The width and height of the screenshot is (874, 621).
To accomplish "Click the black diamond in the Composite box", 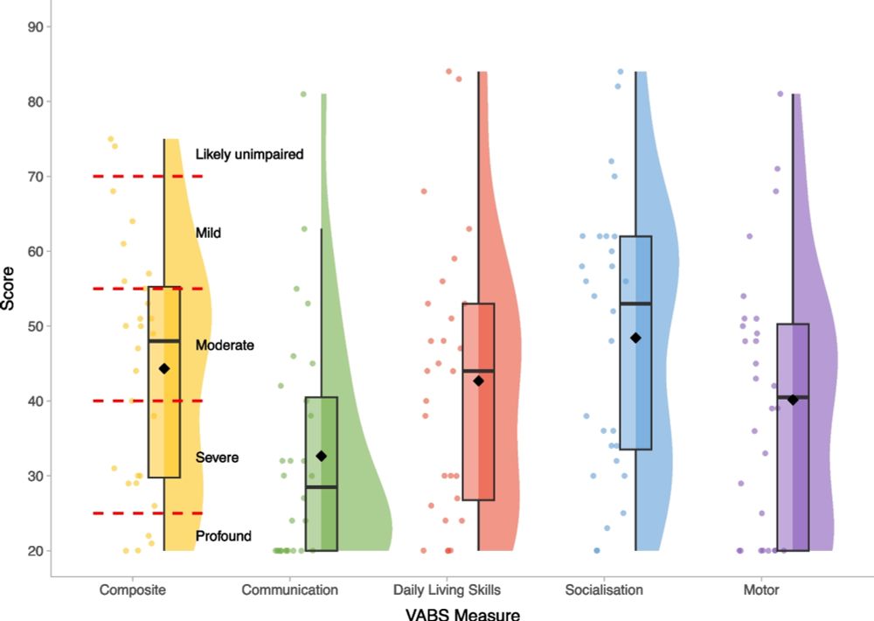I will click(164, 369).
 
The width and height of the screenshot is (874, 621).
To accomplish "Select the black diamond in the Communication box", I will click(322, 456).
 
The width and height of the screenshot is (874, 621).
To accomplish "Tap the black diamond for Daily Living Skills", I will click(478, 380).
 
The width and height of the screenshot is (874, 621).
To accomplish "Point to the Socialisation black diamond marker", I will click(635, 338).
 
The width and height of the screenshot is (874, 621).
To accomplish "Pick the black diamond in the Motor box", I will click(793, 400).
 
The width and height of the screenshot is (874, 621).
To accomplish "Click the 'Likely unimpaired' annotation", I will click(249, 154).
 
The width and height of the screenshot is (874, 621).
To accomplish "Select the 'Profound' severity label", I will click(224, 536).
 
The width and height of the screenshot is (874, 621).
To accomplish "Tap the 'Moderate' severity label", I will click(225, 345).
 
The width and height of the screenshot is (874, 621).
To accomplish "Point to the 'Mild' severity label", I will click(208, 233).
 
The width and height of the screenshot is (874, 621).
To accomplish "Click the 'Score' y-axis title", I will click(10, 289).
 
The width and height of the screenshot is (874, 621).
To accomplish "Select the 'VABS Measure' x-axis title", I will click(462, 613).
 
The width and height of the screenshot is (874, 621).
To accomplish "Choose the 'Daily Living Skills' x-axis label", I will click(447, 590).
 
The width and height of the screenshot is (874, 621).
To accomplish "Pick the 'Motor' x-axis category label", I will click(760, 590).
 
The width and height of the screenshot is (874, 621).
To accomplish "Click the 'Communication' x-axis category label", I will click(289, 590).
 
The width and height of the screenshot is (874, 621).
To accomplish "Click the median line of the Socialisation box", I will click(635, 304).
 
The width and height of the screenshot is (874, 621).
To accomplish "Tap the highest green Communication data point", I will click(303, 94).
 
